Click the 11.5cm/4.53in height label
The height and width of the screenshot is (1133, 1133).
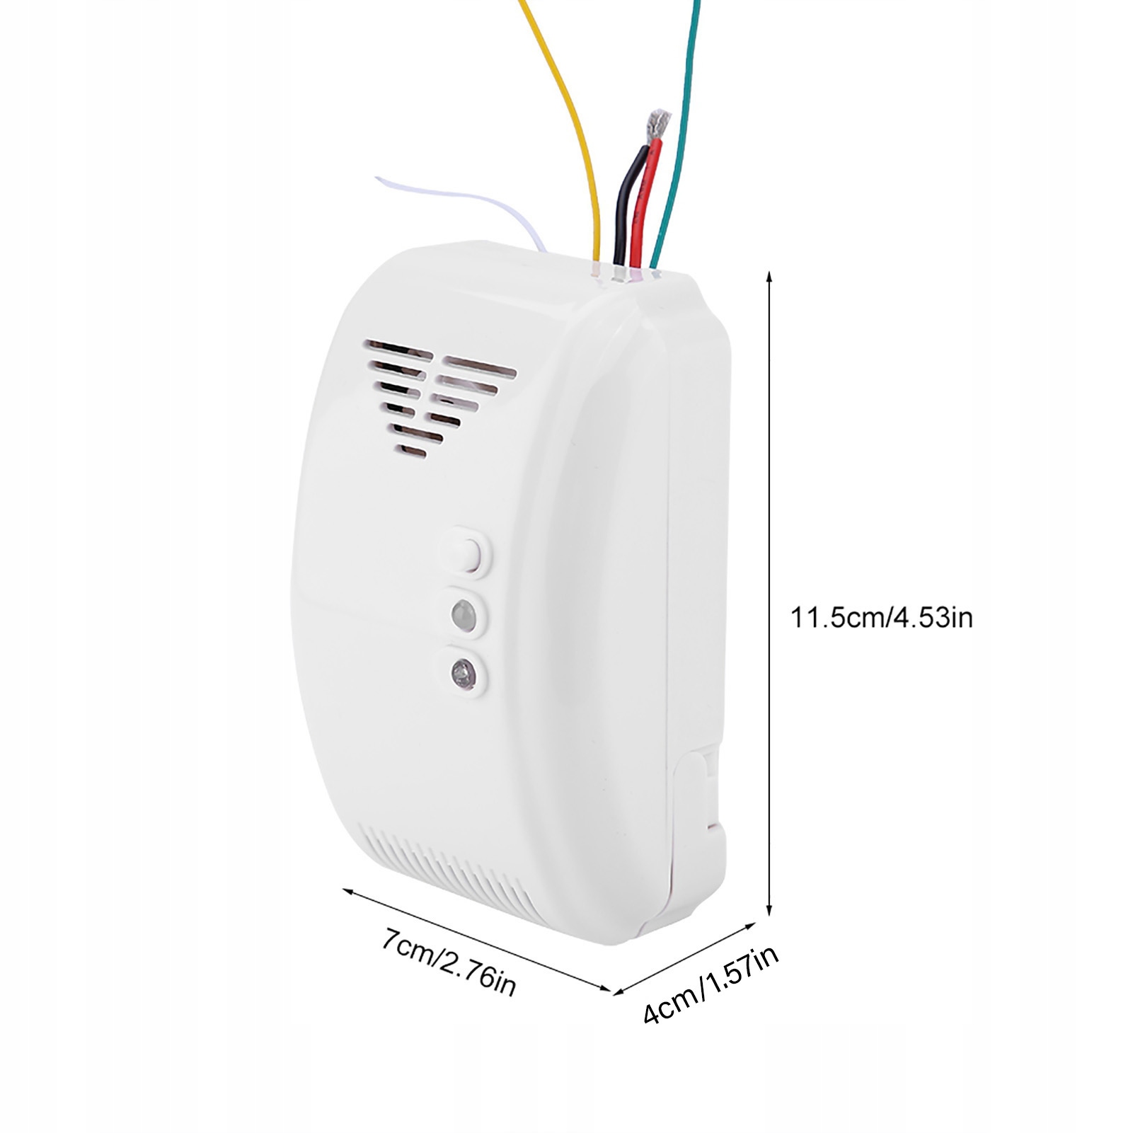coord(881,618)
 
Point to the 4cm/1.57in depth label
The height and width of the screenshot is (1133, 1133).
coord(711,985)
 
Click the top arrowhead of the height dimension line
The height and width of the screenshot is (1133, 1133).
coord(769,275)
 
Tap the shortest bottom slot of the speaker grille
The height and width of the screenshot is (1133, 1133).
coord(411,450)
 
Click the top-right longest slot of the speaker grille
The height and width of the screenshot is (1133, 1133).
coord(480,368)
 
